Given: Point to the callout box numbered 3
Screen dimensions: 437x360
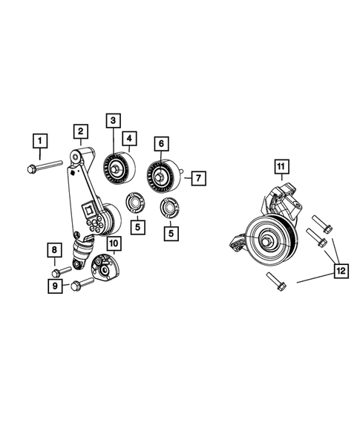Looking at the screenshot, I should click(129, 138).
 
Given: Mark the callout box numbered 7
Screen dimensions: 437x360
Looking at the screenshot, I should click(197, 178).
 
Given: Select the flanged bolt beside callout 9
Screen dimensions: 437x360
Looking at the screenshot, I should click(80, 283).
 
